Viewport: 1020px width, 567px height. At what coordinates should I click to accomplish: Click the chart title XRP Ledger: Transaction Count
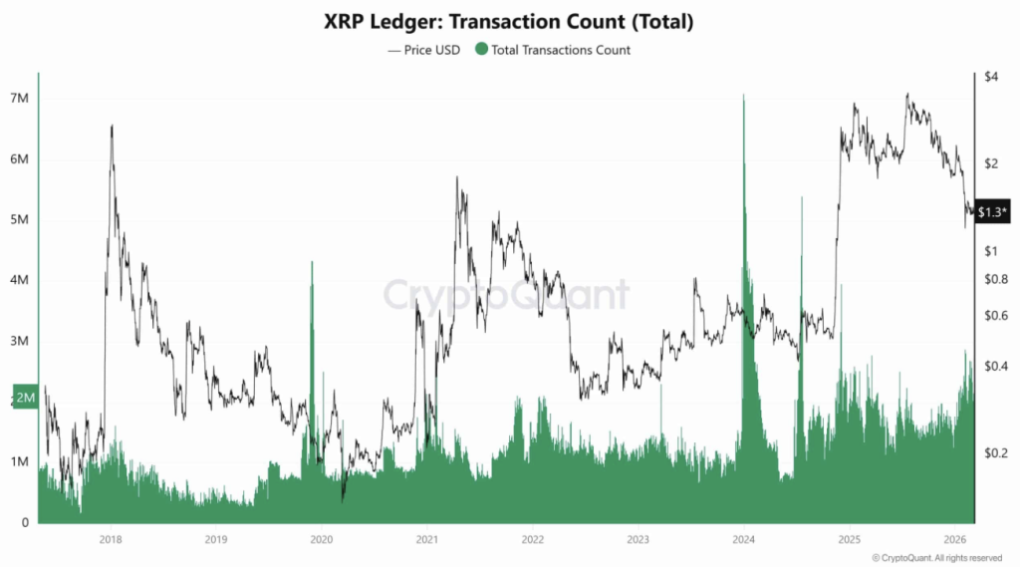coord(510,20)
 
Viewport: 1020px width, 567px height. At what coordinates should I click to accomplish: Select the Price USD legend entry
coord(424,50)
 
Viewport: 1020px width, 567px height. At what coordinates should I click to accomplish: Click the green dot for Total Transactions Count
coord(483,50)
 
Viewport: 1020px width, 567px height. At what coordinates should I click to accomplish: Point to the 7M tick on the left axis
coord(20,99)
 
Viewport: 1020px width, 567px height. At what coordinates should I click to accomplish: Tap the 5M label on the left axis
coord(20,220)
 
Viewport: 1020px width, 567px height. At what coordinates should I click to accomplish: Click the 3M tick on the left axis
coord(20,342)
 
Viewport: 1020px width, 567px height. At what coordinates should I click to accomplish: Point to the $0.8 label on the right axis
coord(995,279)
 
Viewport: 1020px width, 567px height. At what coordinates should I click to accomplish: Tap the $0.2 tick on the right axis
coord(995,452)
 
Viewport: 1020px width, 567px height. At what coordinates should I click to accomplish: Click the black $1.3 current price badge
coord(993,211)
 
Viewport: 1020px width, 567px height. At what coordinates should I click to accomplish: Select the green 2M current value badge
coord(26,398)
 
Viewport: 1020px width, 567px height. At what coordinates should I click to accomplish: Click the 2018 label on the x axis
coord(112,539)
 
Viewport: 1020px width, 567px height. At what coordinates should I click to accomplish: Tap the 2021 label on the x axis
coord(426,539)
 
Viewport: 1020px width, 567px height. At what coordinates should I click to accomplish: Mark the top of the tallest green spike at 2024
coord(743,96)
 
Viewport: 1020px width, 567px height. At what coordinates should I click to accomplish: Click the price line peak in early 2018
coord(112,126)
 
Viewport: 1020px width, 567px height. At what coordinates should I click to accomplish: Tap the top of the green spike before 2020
coord(312,262)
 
